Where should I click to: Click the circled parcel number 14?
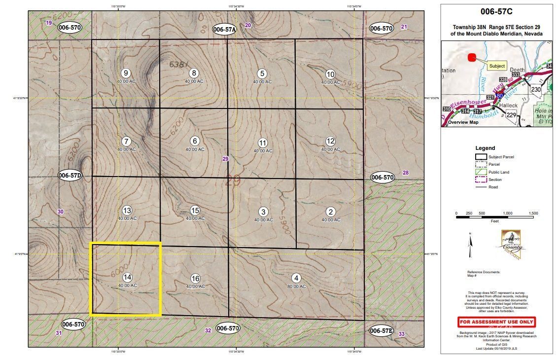point(127,277)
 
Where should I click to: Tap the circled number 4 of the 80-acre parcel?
point(296,277)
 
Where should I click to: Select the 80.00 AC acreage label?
point(296,286)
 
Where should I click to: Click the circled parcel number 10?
point(330,74)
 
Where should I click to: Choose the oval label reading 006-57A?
point(225,30)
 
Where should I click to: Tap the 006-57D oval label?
point(70,175)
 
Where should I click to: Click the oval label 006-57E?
point(381,330)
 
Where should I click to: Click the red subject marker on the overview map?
point(472,57)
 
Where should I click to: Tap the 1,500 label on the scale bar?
point(533,213)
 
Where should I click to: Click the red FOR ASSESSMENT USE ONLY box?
point(496,322)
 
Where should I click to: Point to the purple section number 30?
point(60,212)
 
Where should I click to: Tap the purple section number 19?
point(48,23)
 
